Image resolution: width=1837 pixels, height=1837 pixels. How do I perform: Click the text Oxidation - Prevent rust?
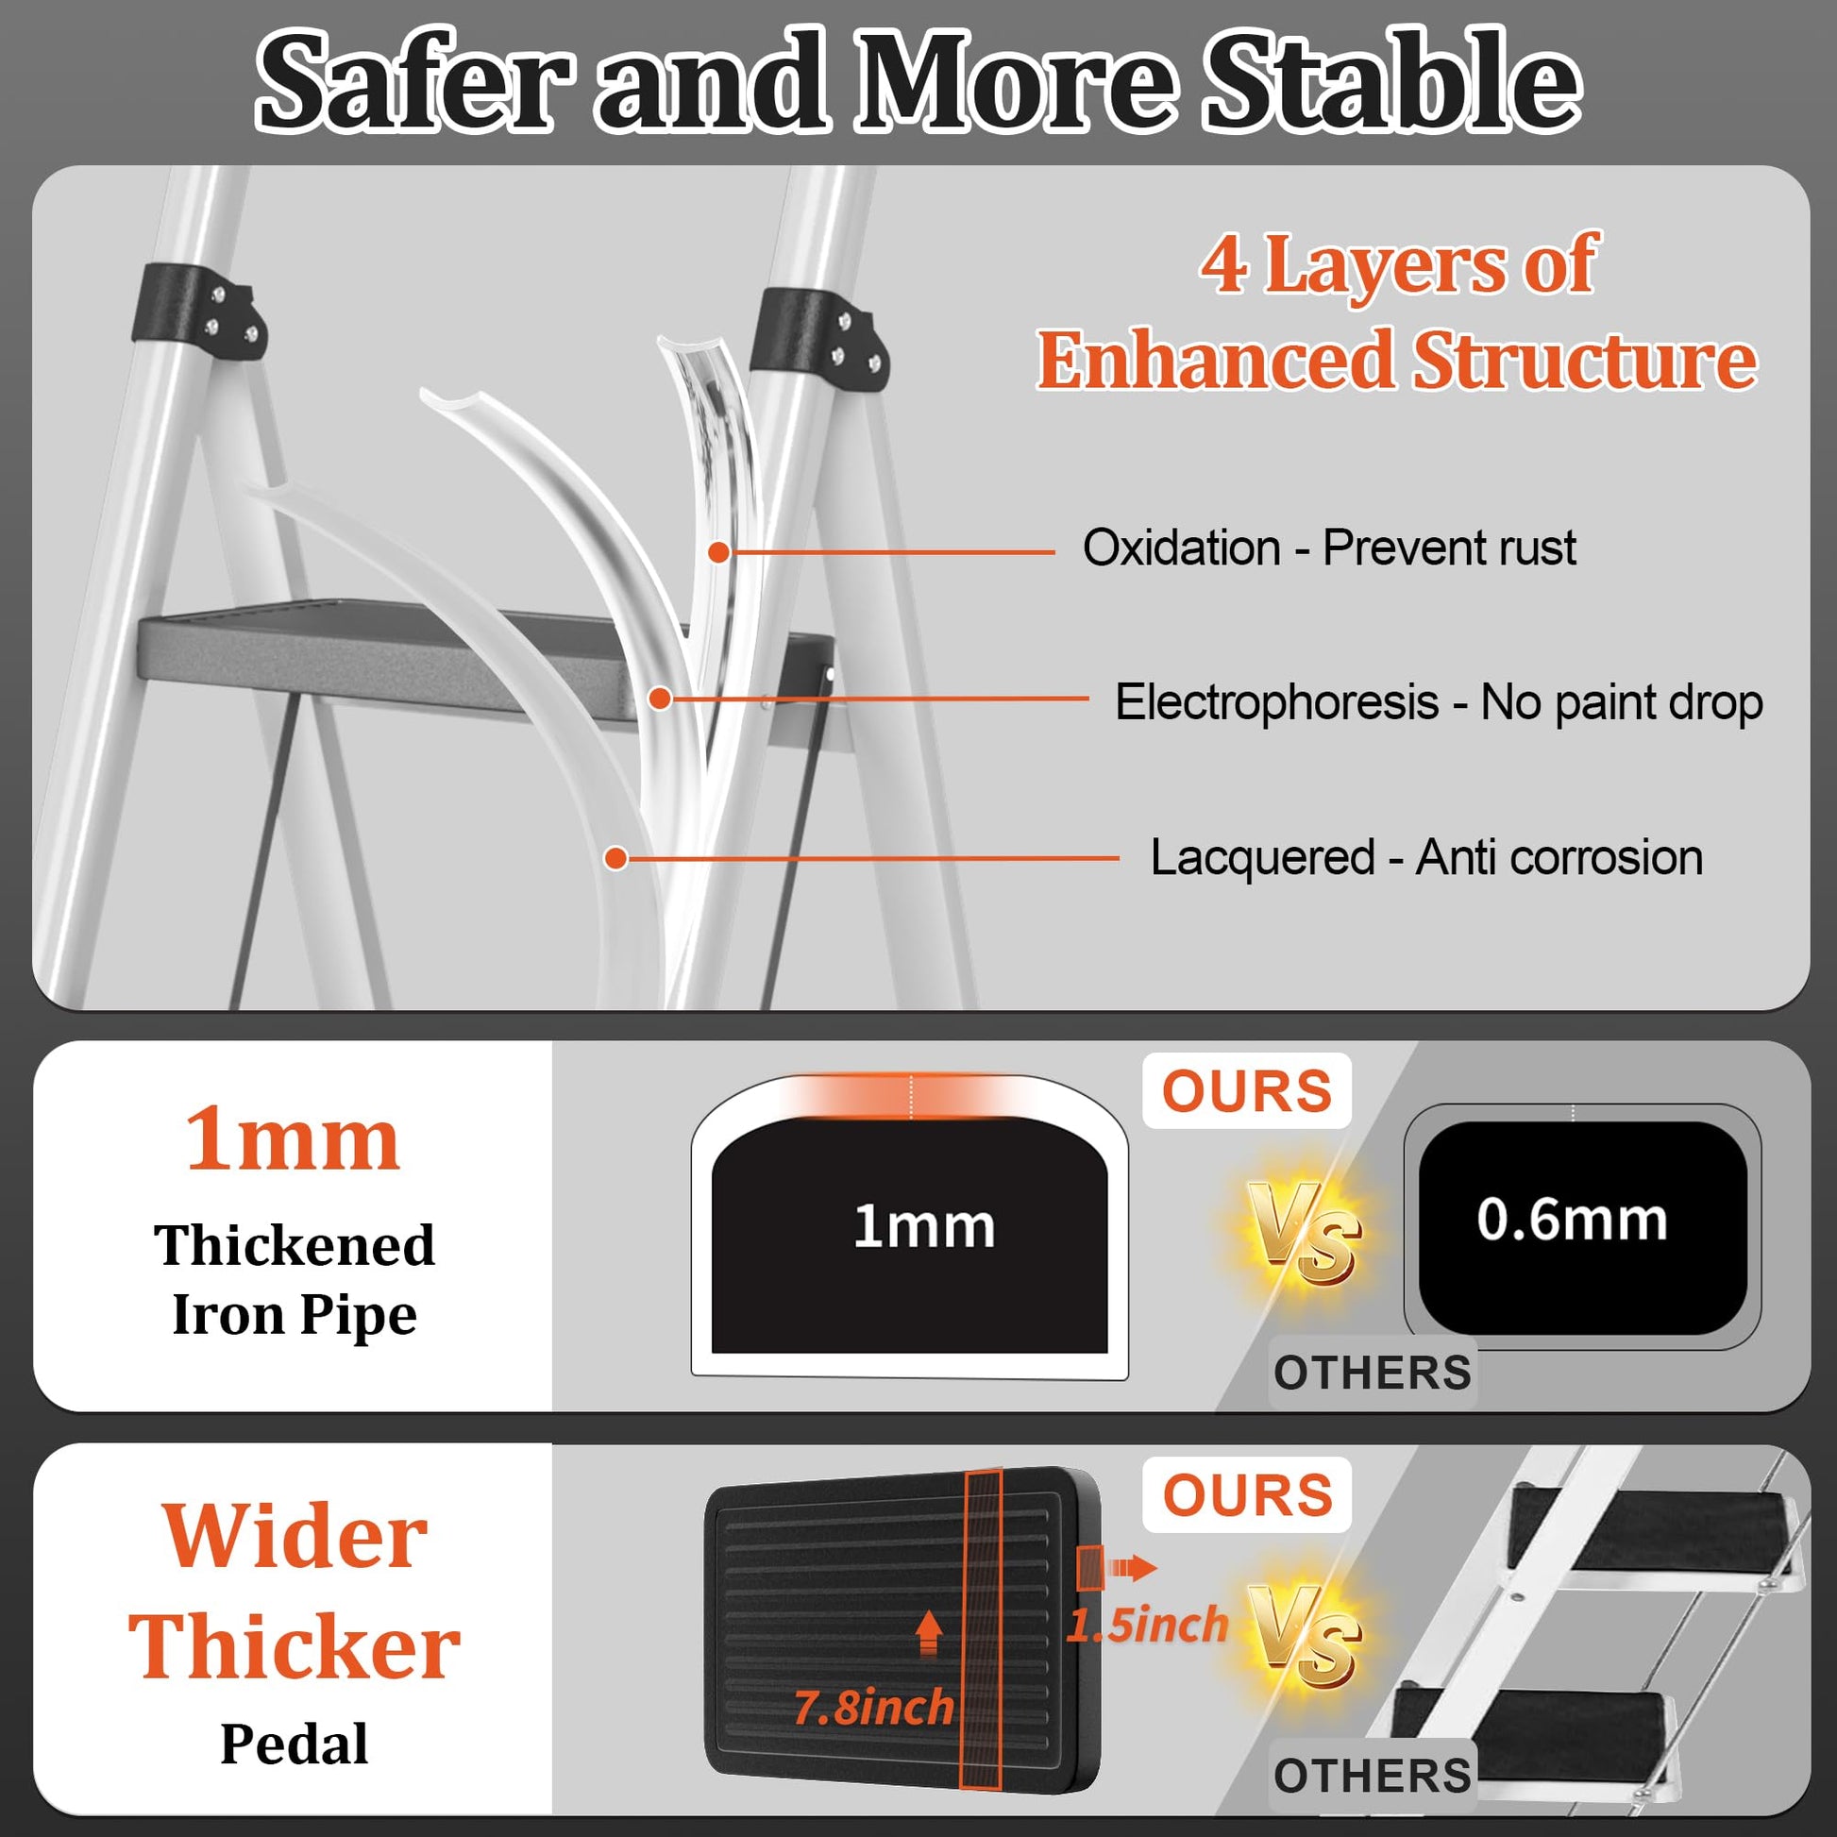pos(1329,548)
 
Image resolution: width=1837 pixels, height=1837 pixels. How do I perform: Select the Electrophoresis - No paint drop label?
pos(1439,703)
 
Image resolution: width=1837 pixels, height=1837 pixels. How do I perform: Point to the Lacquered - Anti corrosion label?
pos(1426,858)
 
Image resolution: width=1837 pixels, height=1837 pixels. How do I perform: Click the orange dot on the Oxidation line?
pos(718,551)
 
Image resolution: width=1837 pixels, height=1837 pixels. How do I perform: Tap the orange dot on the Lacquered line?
pos(616,859)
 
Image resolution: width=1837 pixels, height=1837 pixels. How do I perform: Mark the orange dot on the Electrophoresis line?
pos(661,699)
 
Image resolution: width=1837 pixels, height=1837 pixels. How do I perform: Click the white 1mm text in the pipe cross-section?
pos(923,1225)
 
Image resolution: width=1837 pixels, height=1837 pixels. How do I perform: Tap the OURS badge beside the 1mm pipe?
pos(1246,1090)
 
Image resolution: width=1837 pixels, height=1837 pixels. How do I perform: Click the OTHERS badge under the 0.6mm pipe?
pos(1372,1373)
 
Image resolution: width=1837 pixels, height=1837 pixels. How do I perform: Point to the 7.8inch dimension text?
pos(874,1708)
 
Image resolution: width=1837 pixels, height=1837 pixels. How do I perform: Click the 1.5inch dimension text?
pos(1148,1625)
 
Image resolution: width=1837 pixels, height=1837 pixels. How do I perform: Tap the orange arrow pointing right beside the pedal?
pos(1134,1568)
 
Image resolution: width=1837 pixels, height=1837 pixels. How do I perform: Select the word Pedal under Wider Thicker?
pos(294,1744)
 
